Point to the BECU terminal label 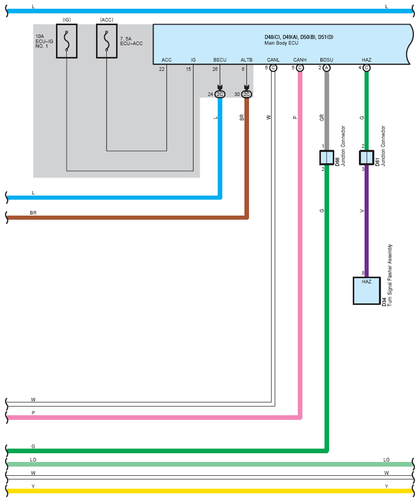[220, 60]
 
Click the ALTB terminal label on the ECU [246, 60]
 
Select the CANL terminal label [273, 60]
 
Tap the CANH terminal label [300, 60]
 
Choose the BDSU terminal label [327, 60]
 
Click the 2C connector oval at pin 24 [220, 94]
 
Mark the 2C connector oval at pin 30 [246, 94]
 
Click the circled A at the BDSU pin [327, 68]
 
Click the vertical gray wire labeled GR [327, 111]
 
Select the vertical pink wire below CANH [300, 243]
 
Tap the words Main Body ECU [281, 43]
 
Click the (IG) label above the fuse [67, 20]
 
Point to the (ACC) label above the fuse [107, 20]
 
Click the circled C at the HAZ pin [367, 68]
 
